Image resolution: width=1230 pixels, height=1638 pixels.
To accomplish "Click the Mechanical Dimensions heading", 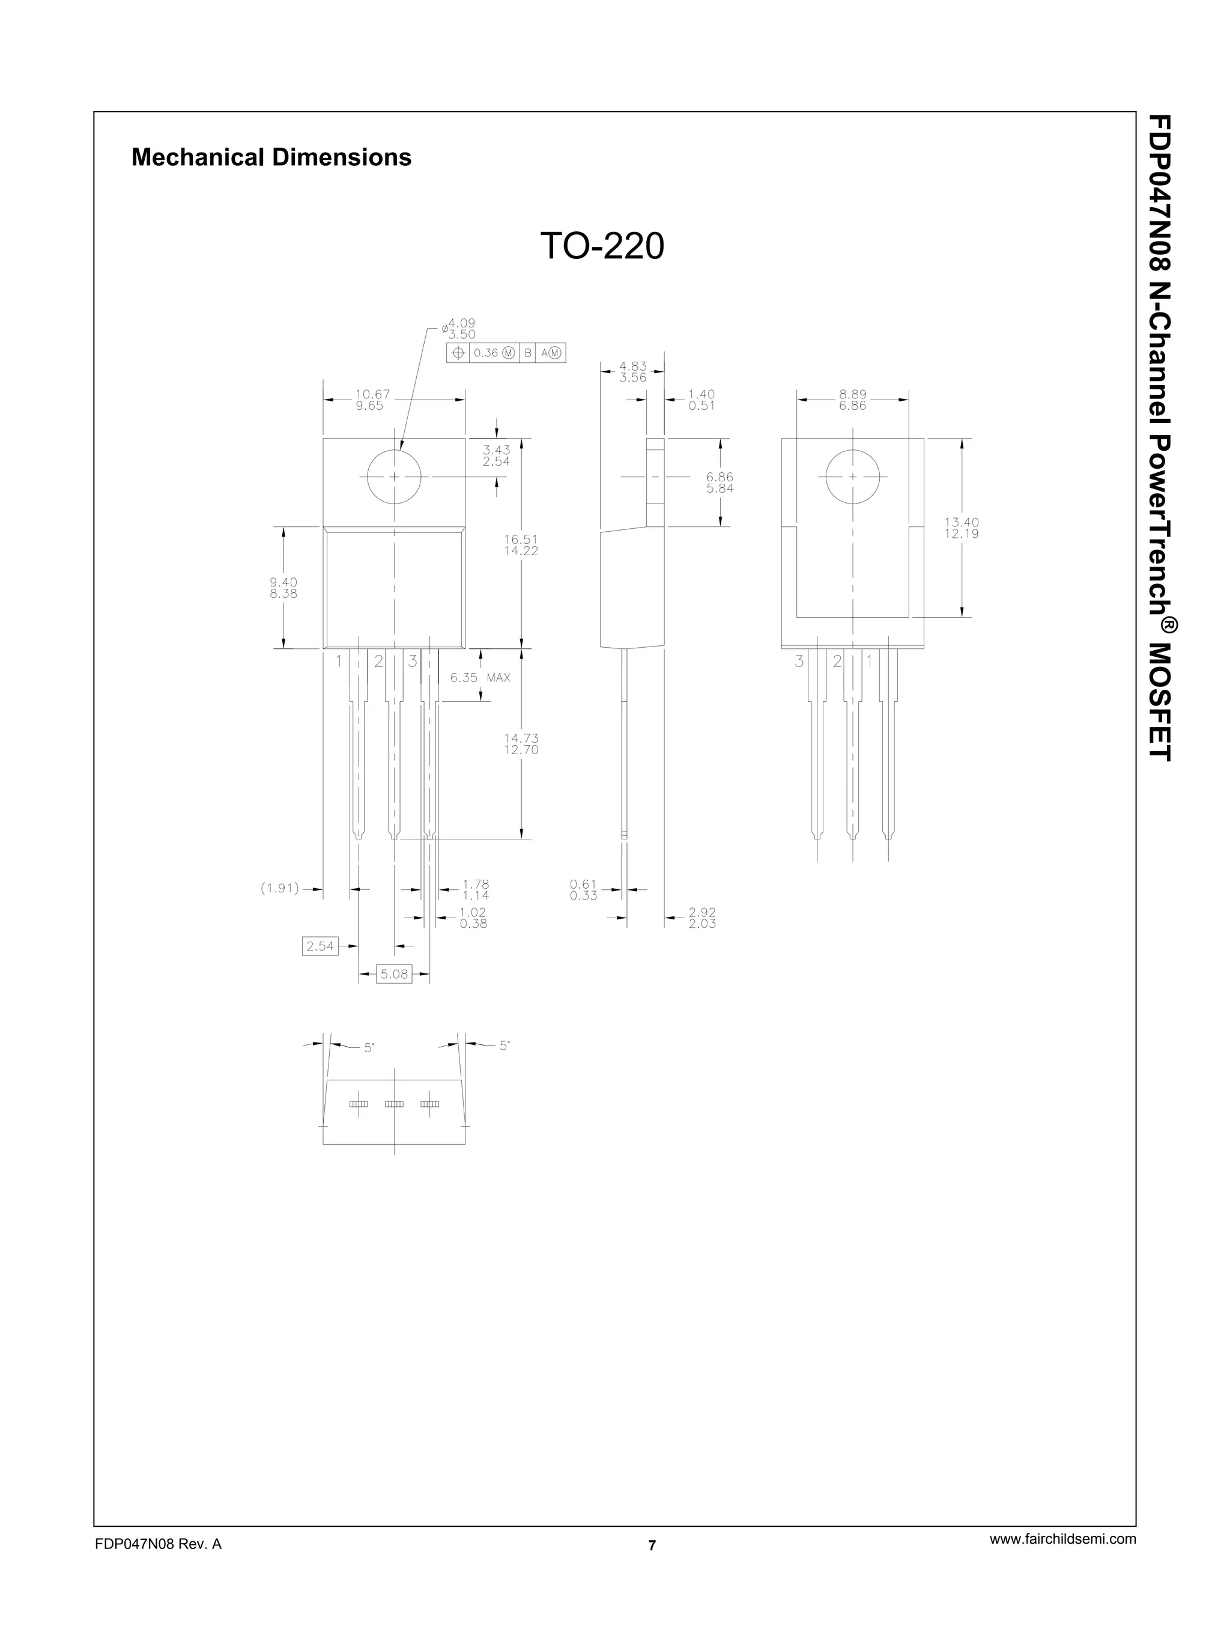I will coord(271,157).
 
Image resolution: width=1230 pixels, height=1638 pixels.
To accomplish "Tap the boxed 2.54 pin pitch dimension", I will coord(320,946).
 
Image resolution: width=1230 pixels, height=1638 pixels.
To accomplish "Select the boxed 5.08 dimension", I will coord(394,974).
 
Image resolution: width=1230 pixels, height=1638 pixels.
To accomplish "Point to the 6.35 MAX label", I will coord(479,678).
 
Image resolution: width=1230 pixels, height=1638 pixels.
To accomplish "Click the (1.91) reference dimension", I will coord(280,889).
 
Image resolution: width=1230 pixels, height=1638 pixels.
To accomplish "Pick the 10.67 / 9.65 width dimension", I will coord(372,400).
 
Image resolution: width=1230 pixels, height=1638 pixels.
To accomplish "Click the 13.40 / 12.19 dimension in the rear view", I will coord(962,528).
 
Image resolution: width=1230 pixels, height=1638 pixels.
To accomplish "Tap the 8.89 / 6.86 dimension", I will coord(853,400).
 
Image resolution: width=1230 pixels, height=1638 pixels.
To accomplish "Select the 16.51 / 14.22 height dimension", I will coord(521,545).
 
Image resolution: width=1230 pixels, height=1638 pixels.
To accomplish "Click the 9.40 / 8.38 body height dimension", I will coord(283,588).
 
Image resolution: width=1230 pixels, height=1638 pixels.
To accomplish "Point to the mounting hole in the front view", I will coord(394,476).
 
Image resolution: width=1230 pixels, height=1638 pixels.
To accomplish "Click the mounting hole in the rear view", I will coord(853,476).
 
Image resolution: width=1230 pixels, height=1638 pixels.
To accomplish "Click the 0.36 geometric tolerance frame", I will coord(506,353).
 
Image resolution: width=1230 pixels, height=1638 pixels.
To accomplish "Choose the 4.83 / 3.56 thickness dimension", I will coord(633,372).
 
